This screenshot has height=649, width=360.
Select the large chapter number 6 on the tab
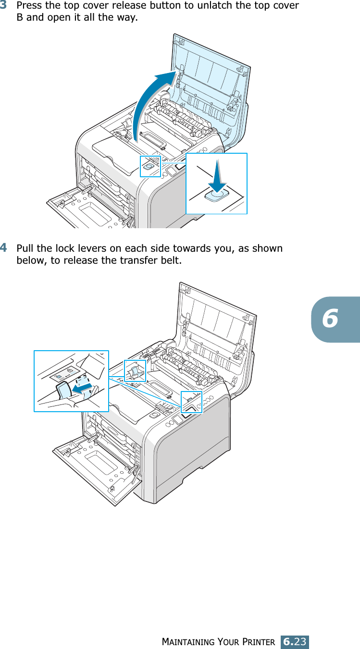pyautogui.click(x=331, y=318)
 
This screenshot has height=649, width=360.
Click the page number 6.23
pyautogui.click(x=295, y=641)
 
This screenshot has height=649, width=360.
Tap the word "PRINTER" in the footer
pyautogui.click(x=259, y=642)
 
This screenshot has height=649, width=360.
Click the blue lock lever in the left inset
pyautogui.click(x=63, y=390)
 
